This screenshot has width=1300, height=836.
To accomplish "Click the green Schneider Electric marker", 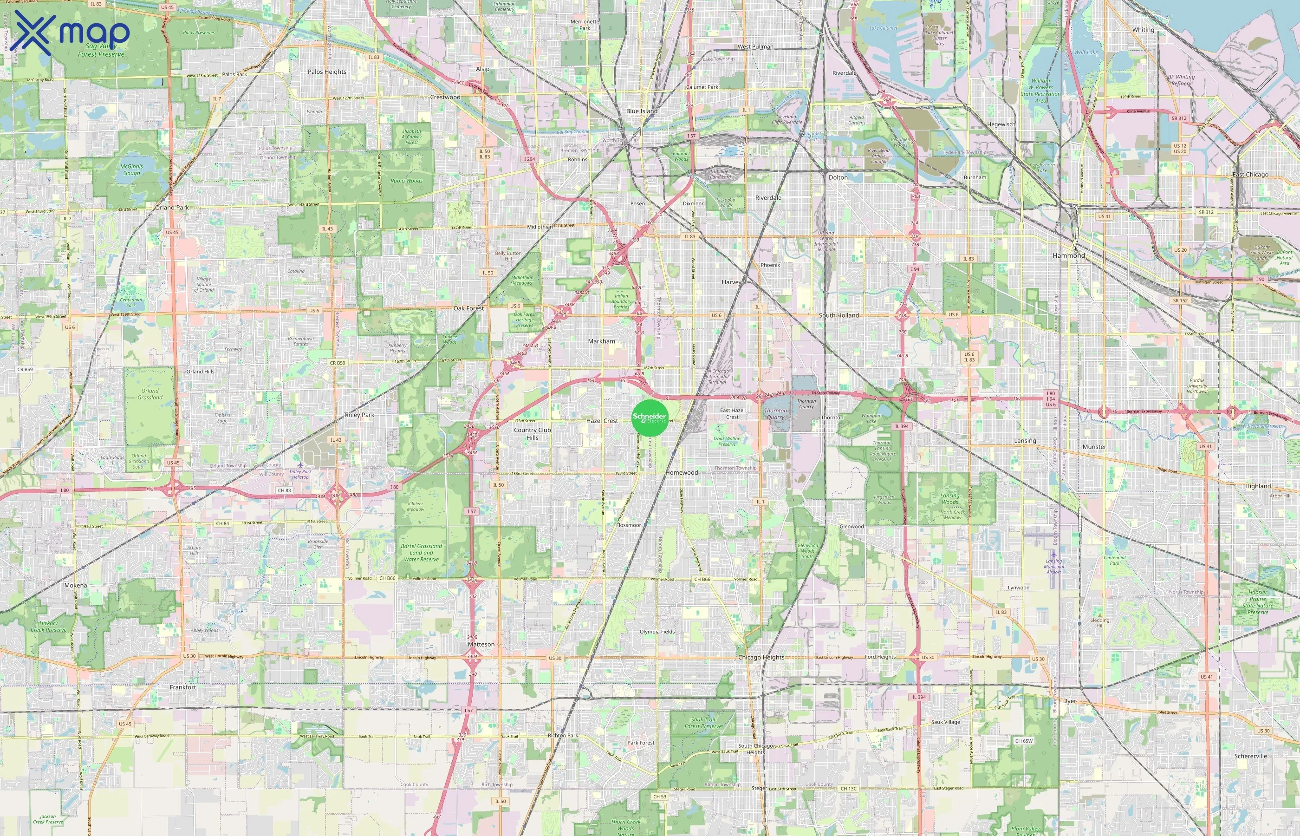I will coord(650,418).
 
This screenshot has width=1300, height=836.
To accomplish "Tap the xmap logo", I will coord(70,33).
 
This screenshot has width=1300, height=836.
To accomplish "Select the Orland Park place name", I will coord(172,207).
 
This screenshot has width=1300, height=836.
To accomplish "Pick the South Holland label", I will coord(838,315).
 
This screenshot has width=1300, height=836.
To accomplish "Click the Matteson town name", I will coord(481,644).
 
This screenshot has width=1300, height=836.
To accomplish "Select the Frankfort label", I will coord(182,687).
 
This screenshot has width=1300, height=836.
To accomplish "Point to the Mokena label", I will coord(75,585).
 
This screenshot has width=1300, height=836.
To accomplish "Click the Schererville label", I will coord(1250,756).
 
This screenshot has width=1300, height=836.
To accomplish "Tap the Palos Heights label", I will coord(327,72).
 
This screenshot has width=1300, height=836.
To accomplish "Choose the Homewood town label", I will coord(682,473).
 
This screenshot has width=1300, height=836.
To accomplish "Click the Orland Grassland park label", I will coord(150,394).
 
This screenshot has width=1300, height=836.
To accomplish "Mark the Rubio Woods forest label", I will coord(406,181).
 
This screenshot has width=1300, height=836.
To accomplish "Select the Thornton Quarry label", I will coord(775,414).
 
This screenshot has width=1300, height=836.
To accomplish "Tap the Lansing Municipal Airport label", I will coord(1053,566).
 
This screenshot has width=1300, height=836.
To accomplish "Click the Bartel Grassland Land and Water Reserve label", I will coord(421,553).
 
